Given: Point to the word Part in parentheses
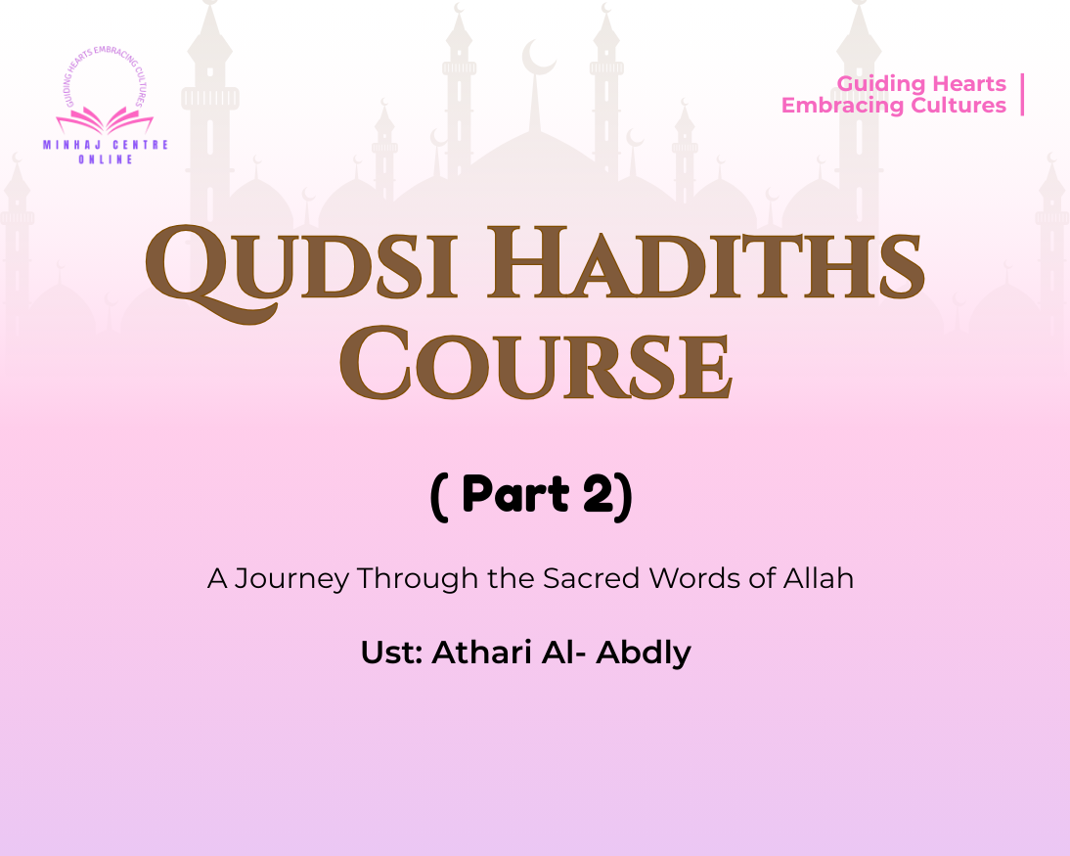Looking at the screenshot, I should pos(514,495).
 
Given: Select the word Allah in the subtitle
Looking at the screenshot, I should pos(818,578).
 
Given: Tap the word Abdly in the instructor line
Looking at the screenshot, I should pos(644,652).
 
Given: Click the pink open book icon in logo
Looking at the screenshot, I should pos(105,121).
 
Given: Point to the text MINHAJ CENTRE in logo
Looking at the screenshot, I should pos(106,145).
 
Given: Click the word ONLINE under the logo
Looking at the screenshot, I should pos(106,159).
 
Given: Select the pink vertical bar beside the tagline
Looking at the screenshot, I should pos(1022,95).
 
